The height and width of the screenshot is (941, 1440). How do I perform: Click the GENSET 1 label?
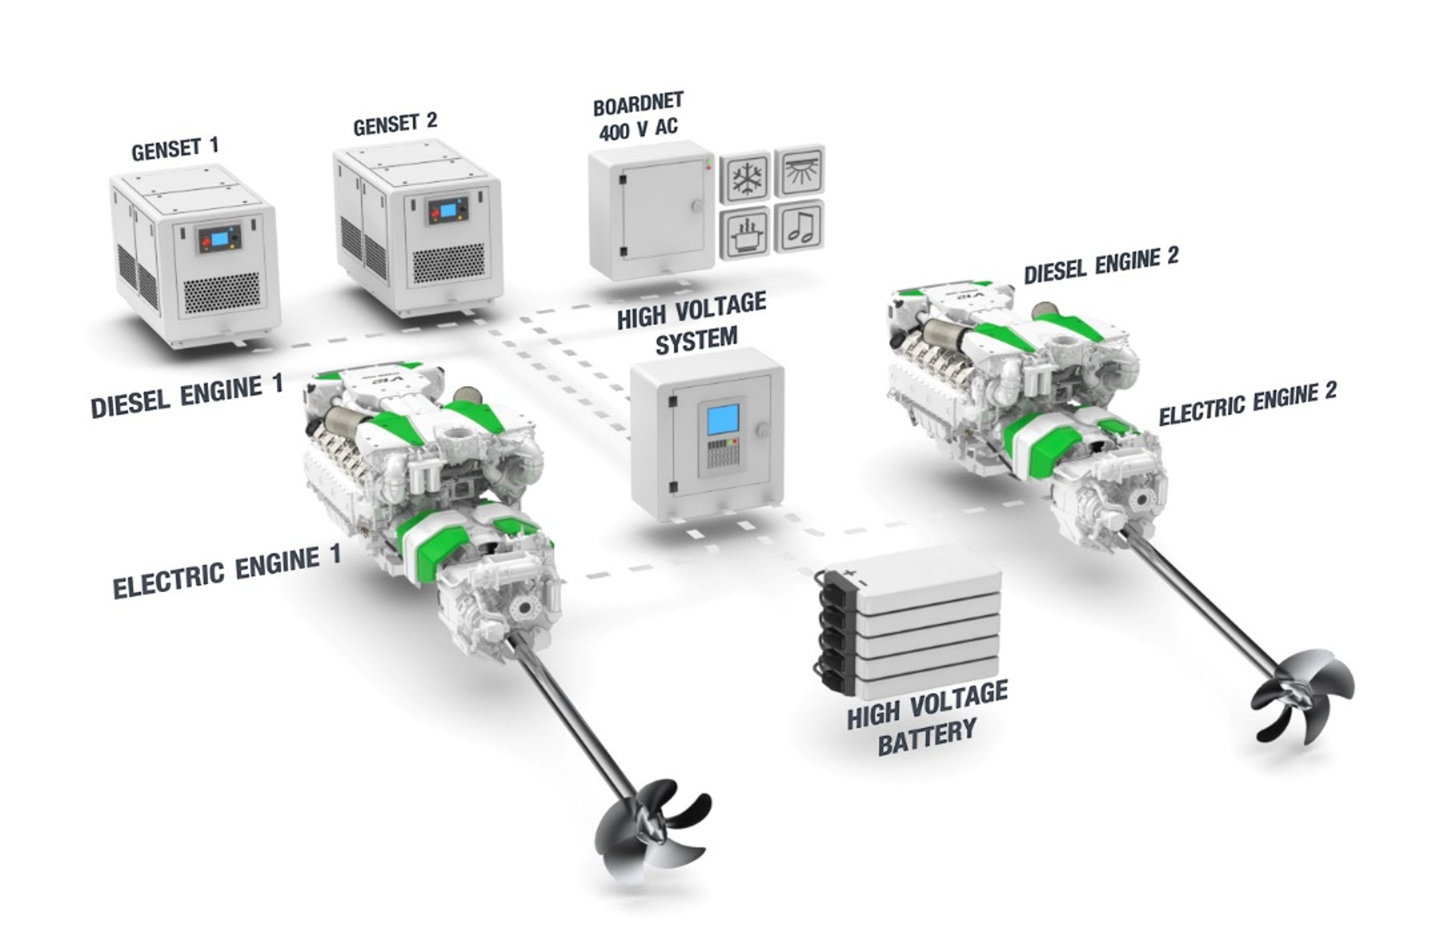click(x=175, y=148)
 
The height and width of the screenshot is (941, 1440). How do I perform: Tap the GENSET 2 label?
click(x=395, y=124)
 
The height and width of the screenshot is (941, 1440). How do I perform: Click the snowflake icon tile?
click(x=745, y=176)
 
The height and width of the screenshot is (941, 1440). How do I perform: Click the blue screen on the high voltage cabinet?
click(x=722, y=420)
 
